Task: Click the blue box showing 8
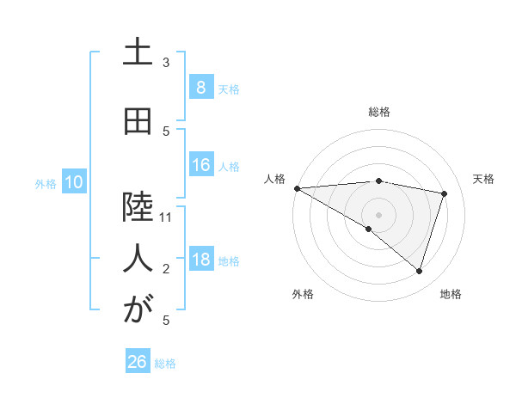coord(200,87)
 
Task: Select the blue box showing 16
coord(200,166)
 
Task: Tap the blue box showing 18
coord(200,260)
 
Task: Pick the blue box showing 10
coord(73,182)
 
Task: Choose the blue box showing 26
coord(138,362)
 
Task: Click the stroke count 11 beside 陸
coord(166,217)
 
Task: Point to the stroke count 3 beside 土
coord(166,62)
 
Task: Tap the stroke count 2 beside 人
coord(166,270)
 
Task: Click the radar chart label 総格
coord(378,112)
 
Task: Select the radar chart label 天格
coord(483,179)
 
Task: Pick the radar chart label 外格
coord(303,294)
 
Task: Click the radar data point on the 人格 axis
coord(297,187)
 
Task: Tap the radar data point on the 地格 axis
coord(419,271)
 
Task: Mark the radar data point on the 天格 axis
coord(444,193)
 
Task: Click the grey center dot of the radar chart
coord(378,214)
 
